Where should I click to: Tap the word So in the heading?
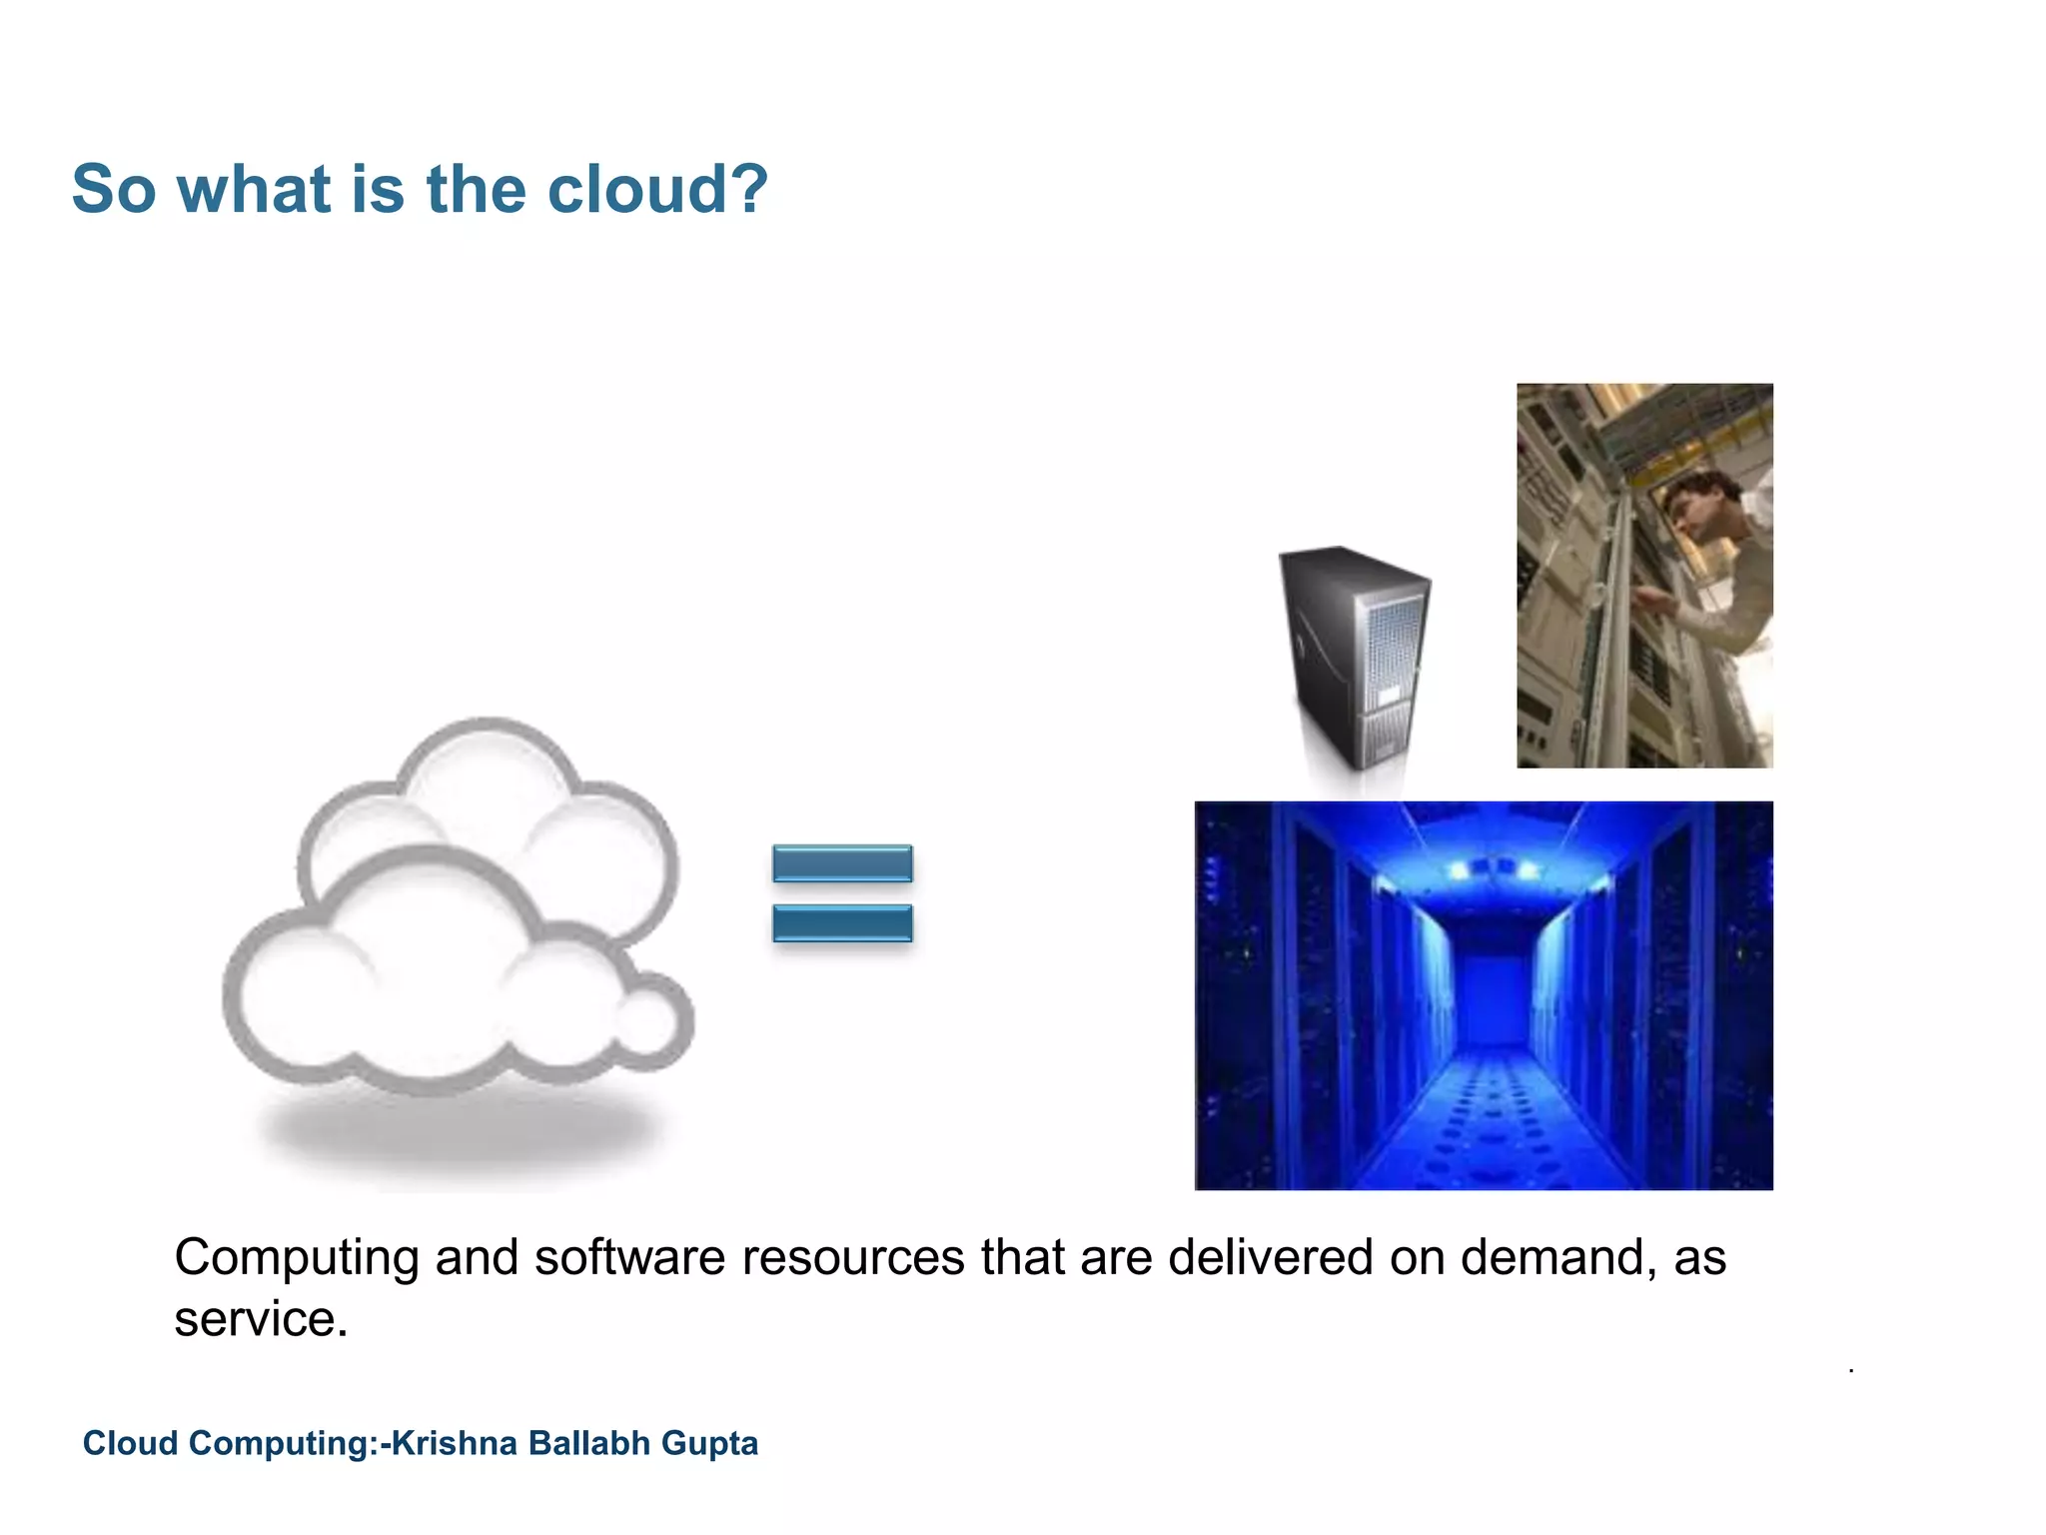[114, 190]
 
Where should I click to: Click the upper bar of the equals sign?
[842, 863]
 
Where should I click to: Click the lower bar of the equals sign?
[842, 922]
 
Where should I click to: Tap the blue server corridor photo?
[1484, 995]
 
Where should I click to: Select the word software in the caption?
[629, 1257]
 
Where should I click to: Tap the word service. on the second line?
[261, 1319]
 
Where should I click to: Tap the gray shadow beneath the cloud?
[460, 1134]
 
